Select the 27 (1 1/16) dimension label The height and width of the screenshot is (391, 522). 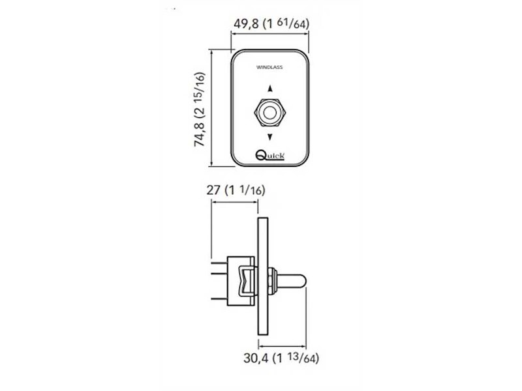click(x=236, y=190)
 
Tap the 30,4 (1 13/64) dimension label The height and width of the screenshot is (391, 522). click(x=281, y=358)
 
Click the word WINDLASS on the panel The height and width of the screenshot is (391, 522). click(x=269, y=67)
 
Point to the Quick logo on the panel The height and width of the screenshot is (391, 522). click(x=270, y=155)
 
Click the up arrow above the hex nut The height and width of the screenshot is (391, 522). click(x=270, y=89)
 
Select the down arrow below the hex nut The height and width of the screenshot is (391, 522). click(x=270, y=137)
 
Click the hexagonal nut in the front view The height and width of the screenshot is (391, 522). click(x=270, y=112)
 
